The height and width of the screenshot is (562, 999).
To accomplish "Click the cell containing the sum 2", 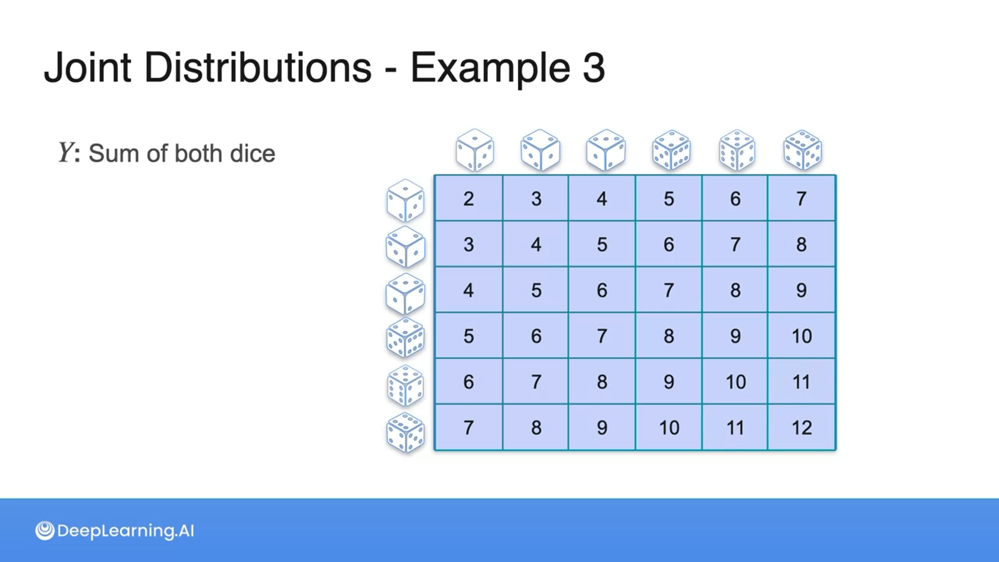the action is (x=468, y=198).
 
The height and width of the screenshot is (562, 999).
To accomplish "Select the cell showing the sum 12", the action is (x=801, y=428).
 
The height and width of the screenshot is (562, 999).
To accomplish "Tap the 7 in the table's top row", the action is (x=801, y=198).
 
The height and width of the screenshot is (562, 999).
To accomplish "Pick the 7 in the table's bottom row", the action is (x=468, y=428).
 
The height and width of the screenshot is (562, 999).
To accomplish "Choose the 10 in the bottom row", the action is (x=669, y=428).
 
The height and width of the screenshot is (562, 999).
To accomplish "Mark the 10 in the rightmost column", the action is (x=801, y=336).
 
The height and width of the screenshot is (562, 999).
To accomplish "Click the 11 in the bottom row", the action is (x=735, y=428).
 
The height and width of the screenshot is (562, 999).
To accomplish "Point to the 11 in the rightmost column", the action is (x=801, y=382).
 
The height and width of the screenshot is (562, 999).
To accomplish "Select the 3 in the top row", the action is (x=536, y=198).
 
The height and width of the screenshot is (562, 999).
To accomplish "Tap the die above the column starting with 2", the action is (x=475, y=150).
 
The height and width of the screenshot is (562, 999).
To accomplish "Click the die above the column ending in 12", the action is (x=802, y=150).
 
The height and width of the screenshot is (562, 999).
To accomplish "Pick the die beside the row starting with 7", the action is (x=405, y=432).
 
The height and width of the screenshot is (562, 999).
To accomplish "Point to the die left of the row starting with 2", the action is (x=405, y=200).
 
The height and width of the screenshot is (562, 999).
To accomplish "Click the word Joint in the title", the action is (x=87, y=68).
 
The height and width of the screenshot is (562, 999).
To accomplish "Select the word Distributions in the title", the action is (x=258, y=68).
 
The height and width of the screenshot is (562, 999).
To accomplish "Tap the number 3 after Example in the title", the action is (x=594, y=68).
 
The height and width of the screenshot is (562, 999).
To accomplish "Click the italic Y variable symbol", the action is (x=66, y=153).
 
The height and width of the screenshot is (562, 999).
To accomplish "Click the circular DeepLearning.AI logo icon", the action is (x=45, y=531).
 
